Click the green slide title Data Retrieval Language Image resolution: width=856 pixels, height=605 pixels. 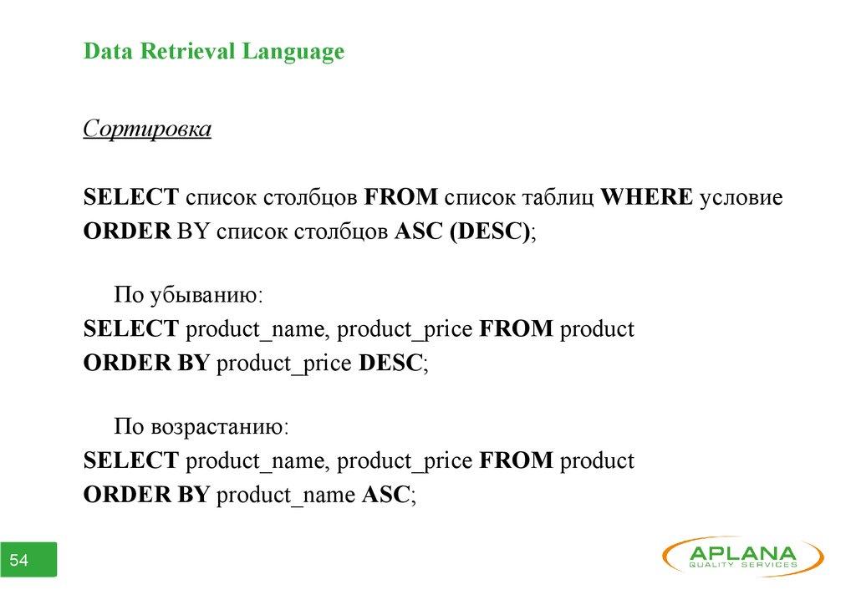tap(214, 51)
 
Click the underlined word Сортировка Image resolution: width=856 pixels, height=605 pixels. tap(147, 130)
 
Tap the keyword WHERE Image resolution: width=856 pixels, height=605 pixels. tap(646, 196)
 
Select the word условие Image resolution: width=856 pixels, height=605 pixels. tap(741, 197)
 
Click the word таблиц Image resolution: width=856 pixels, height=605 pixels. tap(557, 197)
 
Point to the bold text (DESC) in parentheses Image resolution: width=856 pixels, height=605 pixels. tap(490, 231)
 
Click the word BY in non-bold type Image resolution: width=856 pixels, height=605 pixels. tap(193, 231)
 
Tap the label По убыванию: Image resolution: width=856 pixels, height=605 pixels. tap(188, 295)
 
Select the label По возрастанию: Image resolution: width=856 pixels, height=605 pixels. tap(201, 426)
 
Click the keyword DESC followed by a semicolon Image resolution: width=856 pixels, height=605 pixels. tap(390, 363)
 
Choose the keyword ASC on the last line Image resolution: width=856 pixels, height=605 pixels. tap(385, 494)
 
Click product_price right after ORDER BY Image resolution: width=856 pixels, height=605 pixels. tap(284, 364)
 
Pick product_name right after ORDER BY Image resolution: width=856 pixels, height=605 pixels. tap(286, 496)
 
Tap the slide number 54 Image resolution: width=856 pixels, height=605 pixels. tap(19, 560)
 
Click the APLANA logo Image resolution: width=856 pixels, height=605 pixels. tap(743, 557)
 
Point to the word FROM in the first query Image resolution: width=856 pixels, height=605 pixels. tap(400, 196)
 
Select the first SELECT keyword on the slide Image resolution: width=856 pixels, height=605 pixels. tap(131, 196)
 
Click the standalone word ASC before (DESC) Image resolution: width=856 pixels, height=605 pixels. tap(418, 231)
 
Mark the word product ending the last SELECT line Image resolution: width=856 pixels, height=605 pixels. tap(597, 461)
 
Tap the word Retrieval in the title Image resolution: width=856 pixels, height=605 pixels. tap(187, 51)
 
